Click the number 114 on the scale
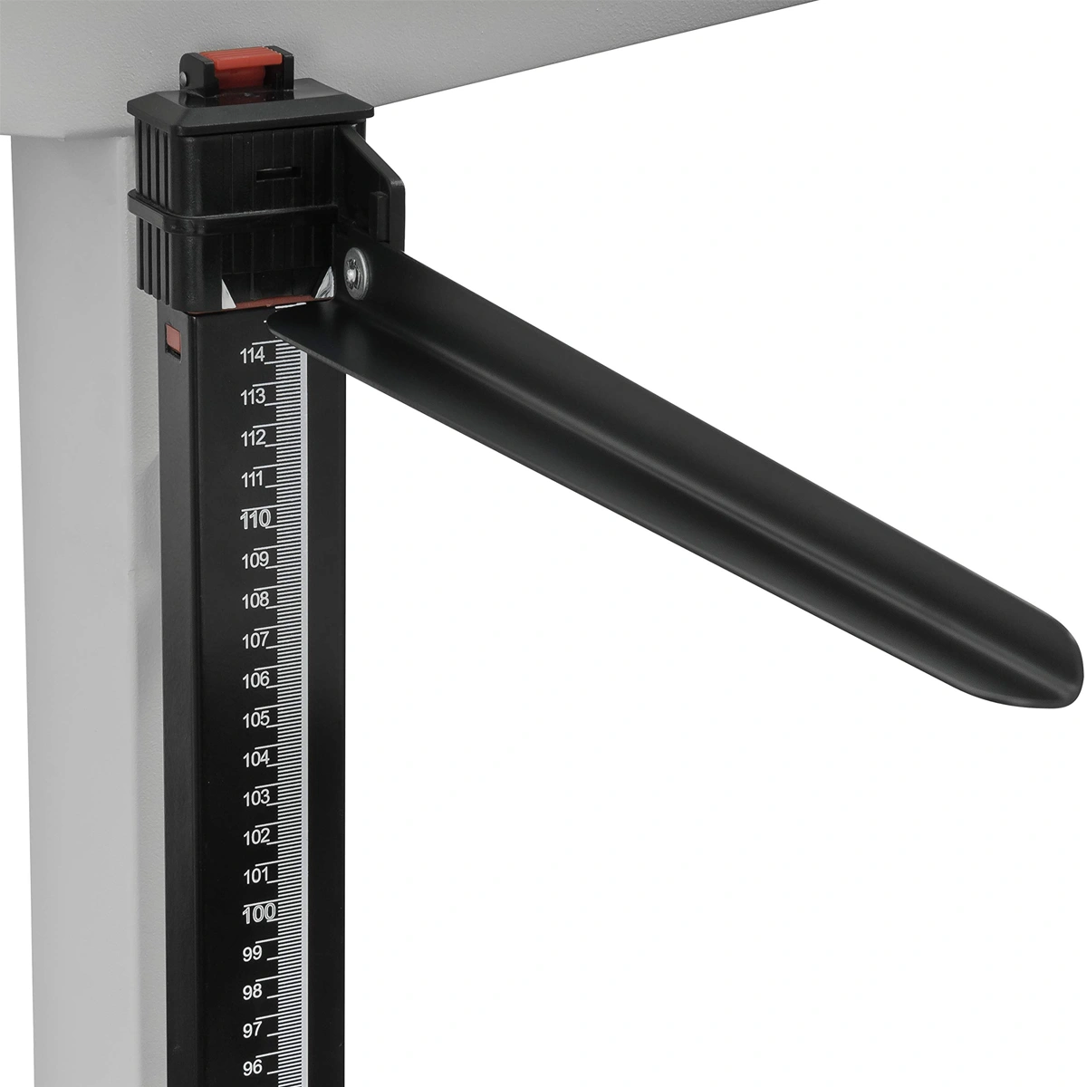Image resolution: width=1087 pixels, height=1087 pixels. (252, 356)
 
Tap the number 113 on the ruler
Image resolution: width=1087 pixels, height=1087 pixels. (253, 398)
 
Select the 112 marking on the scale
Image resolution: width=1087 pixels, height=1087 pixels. (254, 438)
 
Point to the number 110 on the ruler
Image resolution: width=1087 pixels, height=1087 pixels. (255, 520)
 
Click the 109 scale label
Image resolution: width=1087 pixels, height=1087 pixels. (255, 561)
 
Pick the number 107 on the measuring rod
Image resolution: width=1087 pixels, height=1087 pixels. (255, 640)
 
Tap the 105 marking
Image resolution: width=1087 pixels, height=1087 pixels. (256, 720)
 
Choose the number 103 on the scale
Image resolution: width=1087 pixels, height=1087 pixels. (256, 798)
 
